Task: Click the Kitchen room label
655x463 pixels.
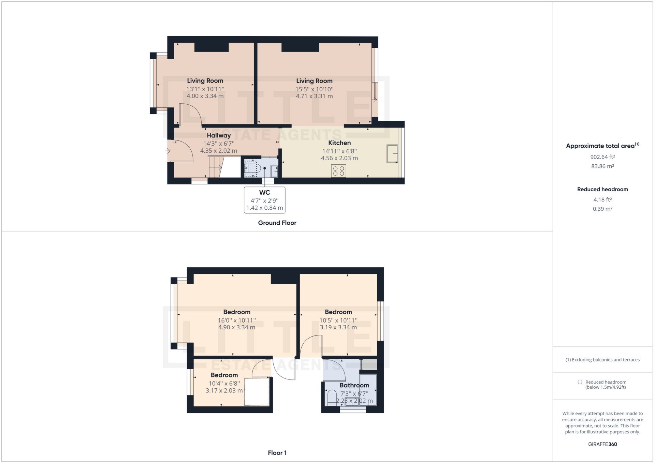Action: pos(339,143)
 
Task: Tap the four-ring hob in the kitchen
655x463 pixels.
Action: pos(338,171)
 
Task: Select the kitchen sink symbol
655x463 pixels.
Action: pos(392,154)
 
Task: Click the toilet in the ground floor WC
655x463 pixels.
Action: pos(253,168)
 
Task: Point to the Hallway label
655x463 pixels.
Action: pos(219,135)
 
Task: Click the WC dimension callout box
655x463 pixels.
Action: pos(264,200)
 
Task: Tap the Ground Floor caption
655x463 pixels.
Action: pos(277,223)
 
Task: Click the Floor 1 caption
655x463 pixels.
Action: pos(277,453)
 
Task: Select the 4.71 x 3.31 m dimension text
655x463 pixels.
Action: pos(314,96)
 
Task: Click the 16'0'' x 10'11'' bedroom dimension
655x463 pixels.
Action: pos(236,320)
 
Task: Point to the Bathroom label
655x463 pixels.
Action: pos(354,385)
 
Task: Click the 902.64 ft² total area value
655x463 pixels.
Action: pos(602,157)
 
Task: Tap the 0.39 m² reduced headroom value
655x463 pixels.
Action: pos(602,209)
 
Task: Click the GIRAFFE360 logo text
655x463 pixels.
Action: pos(602,444)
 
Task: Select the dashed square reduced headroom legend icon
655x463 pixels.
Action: pos(580,382)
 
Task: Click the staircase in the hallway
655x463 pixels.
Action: pos(215,167)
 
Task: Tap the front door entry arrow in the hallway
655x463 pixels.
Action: pos(168,151)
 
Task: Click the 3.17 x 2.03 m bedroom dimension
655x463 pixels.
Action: pos(224,390)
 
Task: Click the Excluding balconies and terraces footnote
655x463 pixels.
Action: pos(602,360)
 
